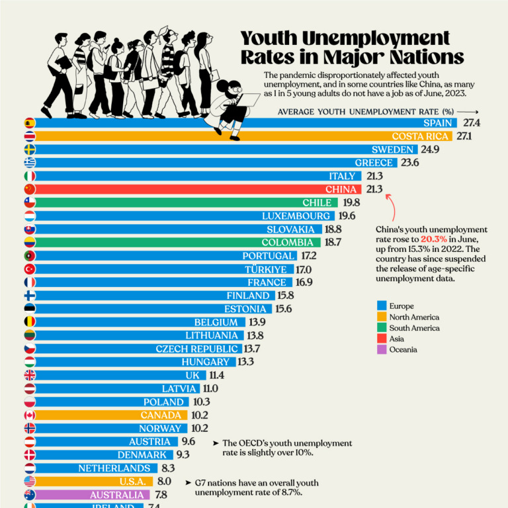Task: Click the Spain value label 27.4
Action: tap(470, 123)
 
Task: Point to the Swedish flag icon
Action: tap(29, 149)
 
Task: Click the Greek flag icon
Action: tap(29, 163)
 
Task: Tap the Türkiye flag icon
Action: tap(29, 269)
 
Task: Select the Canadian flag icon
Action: tap(29, 415)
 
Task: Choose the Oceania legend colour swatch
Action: tap(381, 350)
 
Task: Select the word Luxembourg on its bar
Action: tap(296, 216)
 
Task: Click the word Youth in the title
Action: tap(278, 38)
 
